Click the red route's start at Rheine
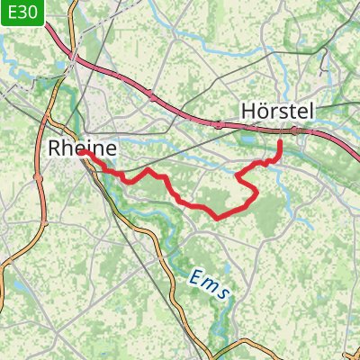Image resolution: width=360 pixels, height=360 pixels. click(x=82, y=154)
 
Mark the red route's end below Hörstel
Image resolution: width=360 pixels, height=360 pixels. click(x=279, y=142)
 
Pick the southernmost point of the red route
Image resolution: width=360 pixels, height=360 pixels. click(x=219, y=217)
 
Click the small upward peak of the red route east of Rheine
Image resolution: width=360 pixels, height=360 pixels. click(x=149, y=169)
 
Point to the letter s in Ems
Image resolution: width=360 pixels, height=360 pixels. click(x=224, y=294)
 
